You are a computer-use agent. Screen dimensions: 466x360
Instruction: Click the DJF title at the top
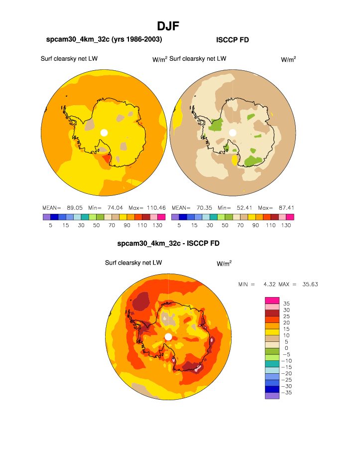(x=168, y=26)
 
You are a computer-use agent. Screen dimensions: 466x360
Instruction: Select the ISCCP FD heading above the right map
(x=233, y=40)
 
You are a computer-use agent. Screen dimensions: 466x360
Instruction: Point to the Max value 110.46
(x=155, y=207)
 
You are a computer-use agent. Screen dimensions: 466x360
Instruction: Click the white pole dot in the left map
(x=104, y=132)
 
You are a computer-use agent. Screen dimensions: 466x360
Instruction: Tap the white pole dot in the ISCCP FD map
(x=233, y=132)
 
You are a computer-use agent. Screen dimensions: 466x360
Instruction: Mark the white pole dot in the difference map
(x=168, y=337)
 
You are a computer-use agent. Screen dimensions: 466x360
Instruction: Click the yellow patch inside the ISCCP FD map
(x=235, y=160)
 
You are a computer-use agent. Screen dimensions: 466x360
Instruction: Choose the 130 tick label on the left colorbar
(x=157, y=225)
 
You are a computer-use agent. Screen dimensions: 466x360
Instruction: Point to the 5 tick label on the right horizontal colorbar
(x=179, y=225)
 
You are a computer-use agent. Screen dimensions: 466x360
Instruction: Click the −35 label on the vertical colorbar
(x=286, y=393)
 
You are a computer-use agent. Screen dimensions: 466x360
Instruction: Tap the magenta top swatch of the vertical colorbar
(x=272, y=300)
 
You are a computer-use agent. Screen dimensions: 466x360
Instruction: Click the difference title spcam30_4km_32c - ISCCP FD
(x=168, y=244)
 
